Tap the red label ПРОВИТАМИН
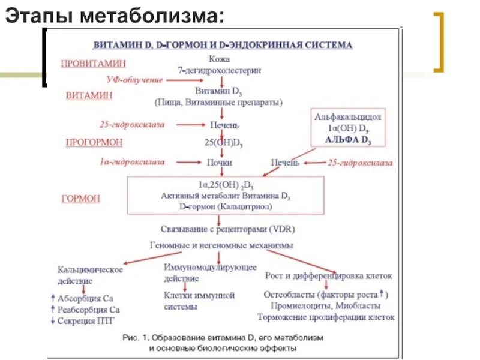click(89, 62)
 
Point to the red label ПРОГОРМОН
click(94, 142)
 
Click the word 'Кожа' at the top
click(219, 59)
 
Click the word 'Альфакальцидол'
click(348, 116)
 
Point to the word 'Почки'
click(220, 163)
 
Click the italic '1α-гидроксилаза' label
click(131, 163)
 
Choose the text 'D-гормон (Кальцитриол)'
click(225, 207)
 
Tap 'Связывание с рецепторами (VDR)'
click(227, 229)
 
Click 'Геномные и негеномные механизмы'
click(221, 245)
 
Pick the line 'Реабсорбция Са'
click(89, 310)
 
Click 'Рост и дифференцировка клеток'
click(328, 276)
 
